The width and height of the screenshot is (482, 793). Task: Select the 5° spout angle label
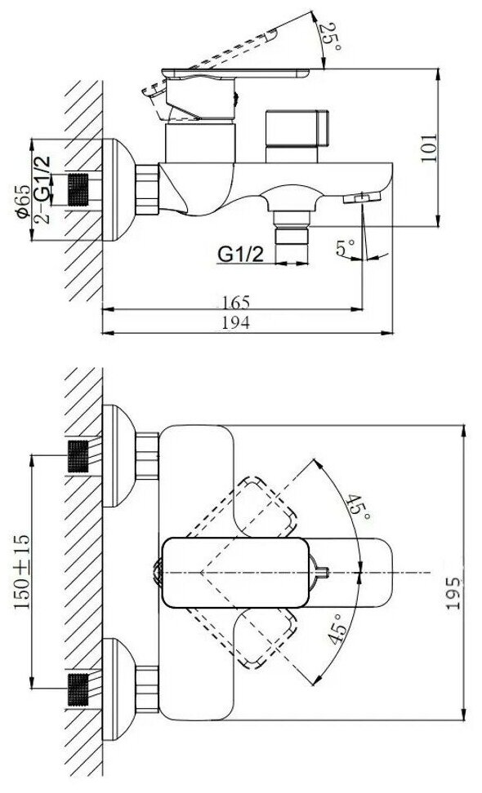pos(346,248)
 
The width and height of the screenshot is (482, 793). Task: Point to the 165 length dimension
pos(236,302)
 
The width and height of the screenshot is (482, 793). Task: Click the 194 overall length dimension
pos(236,322)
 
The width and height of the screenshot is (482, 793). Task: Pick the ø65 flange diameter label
pos(22,202)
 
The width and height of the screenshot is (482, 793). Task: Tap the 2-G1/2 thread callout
pos(42,189)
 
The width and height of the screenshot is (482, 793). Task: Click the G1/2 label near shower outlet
pos(241,255)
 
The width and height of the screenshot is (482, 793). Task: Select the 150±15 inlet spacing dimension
pos(22,571)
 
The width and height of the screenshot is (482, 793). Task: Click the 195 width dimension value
pos(453,593)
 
